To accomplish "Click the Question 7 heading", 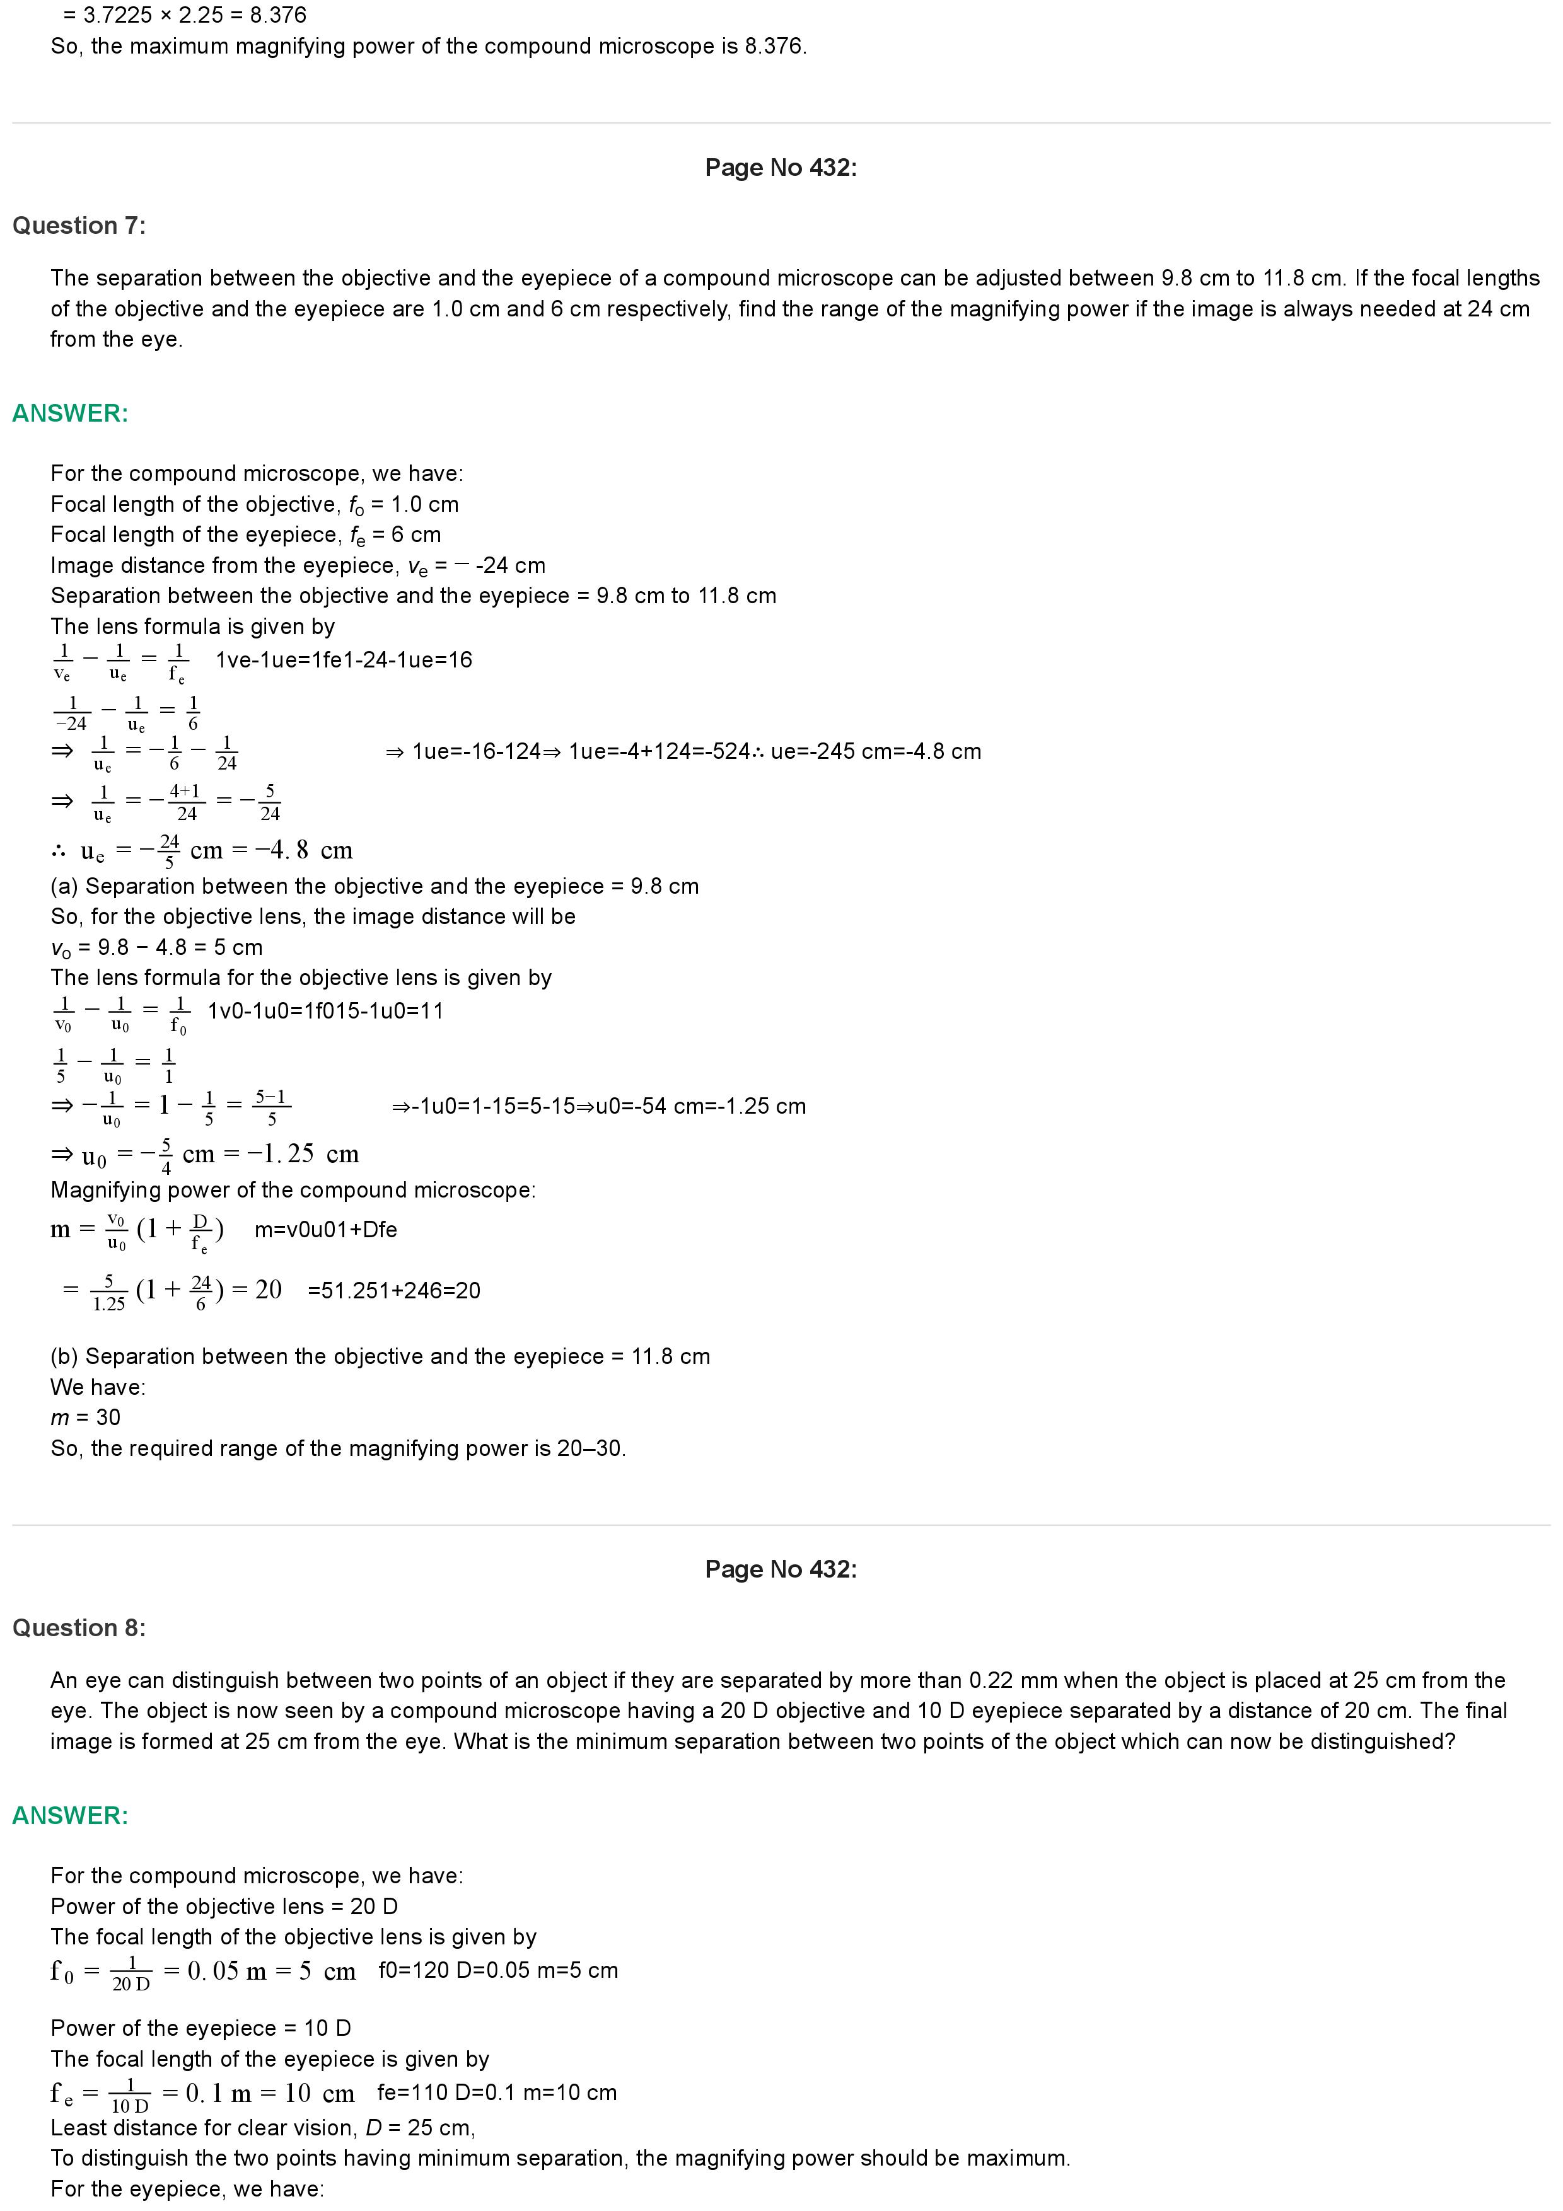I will point(79,226).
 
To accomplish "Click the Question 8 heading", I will point(79,1627).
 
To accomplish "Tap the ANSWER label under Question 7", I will point(71,413).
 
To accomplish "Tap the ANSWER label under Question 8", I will point(71,1815).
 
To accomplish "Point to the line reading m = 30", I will point(86,1417).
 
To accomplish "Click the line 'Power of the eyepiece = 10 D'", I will point(200,2028).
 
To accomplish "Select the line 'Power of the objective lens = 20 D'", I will point(224,1907).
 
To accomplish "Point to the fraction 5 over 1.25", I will point(109,1292).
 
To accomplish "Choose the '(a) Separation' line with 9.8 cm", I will point(375,886).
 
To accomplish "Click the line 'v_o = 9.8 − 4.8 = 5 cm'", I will point(157,947).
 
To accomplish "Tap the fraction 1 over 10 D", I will point(130,2094).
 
